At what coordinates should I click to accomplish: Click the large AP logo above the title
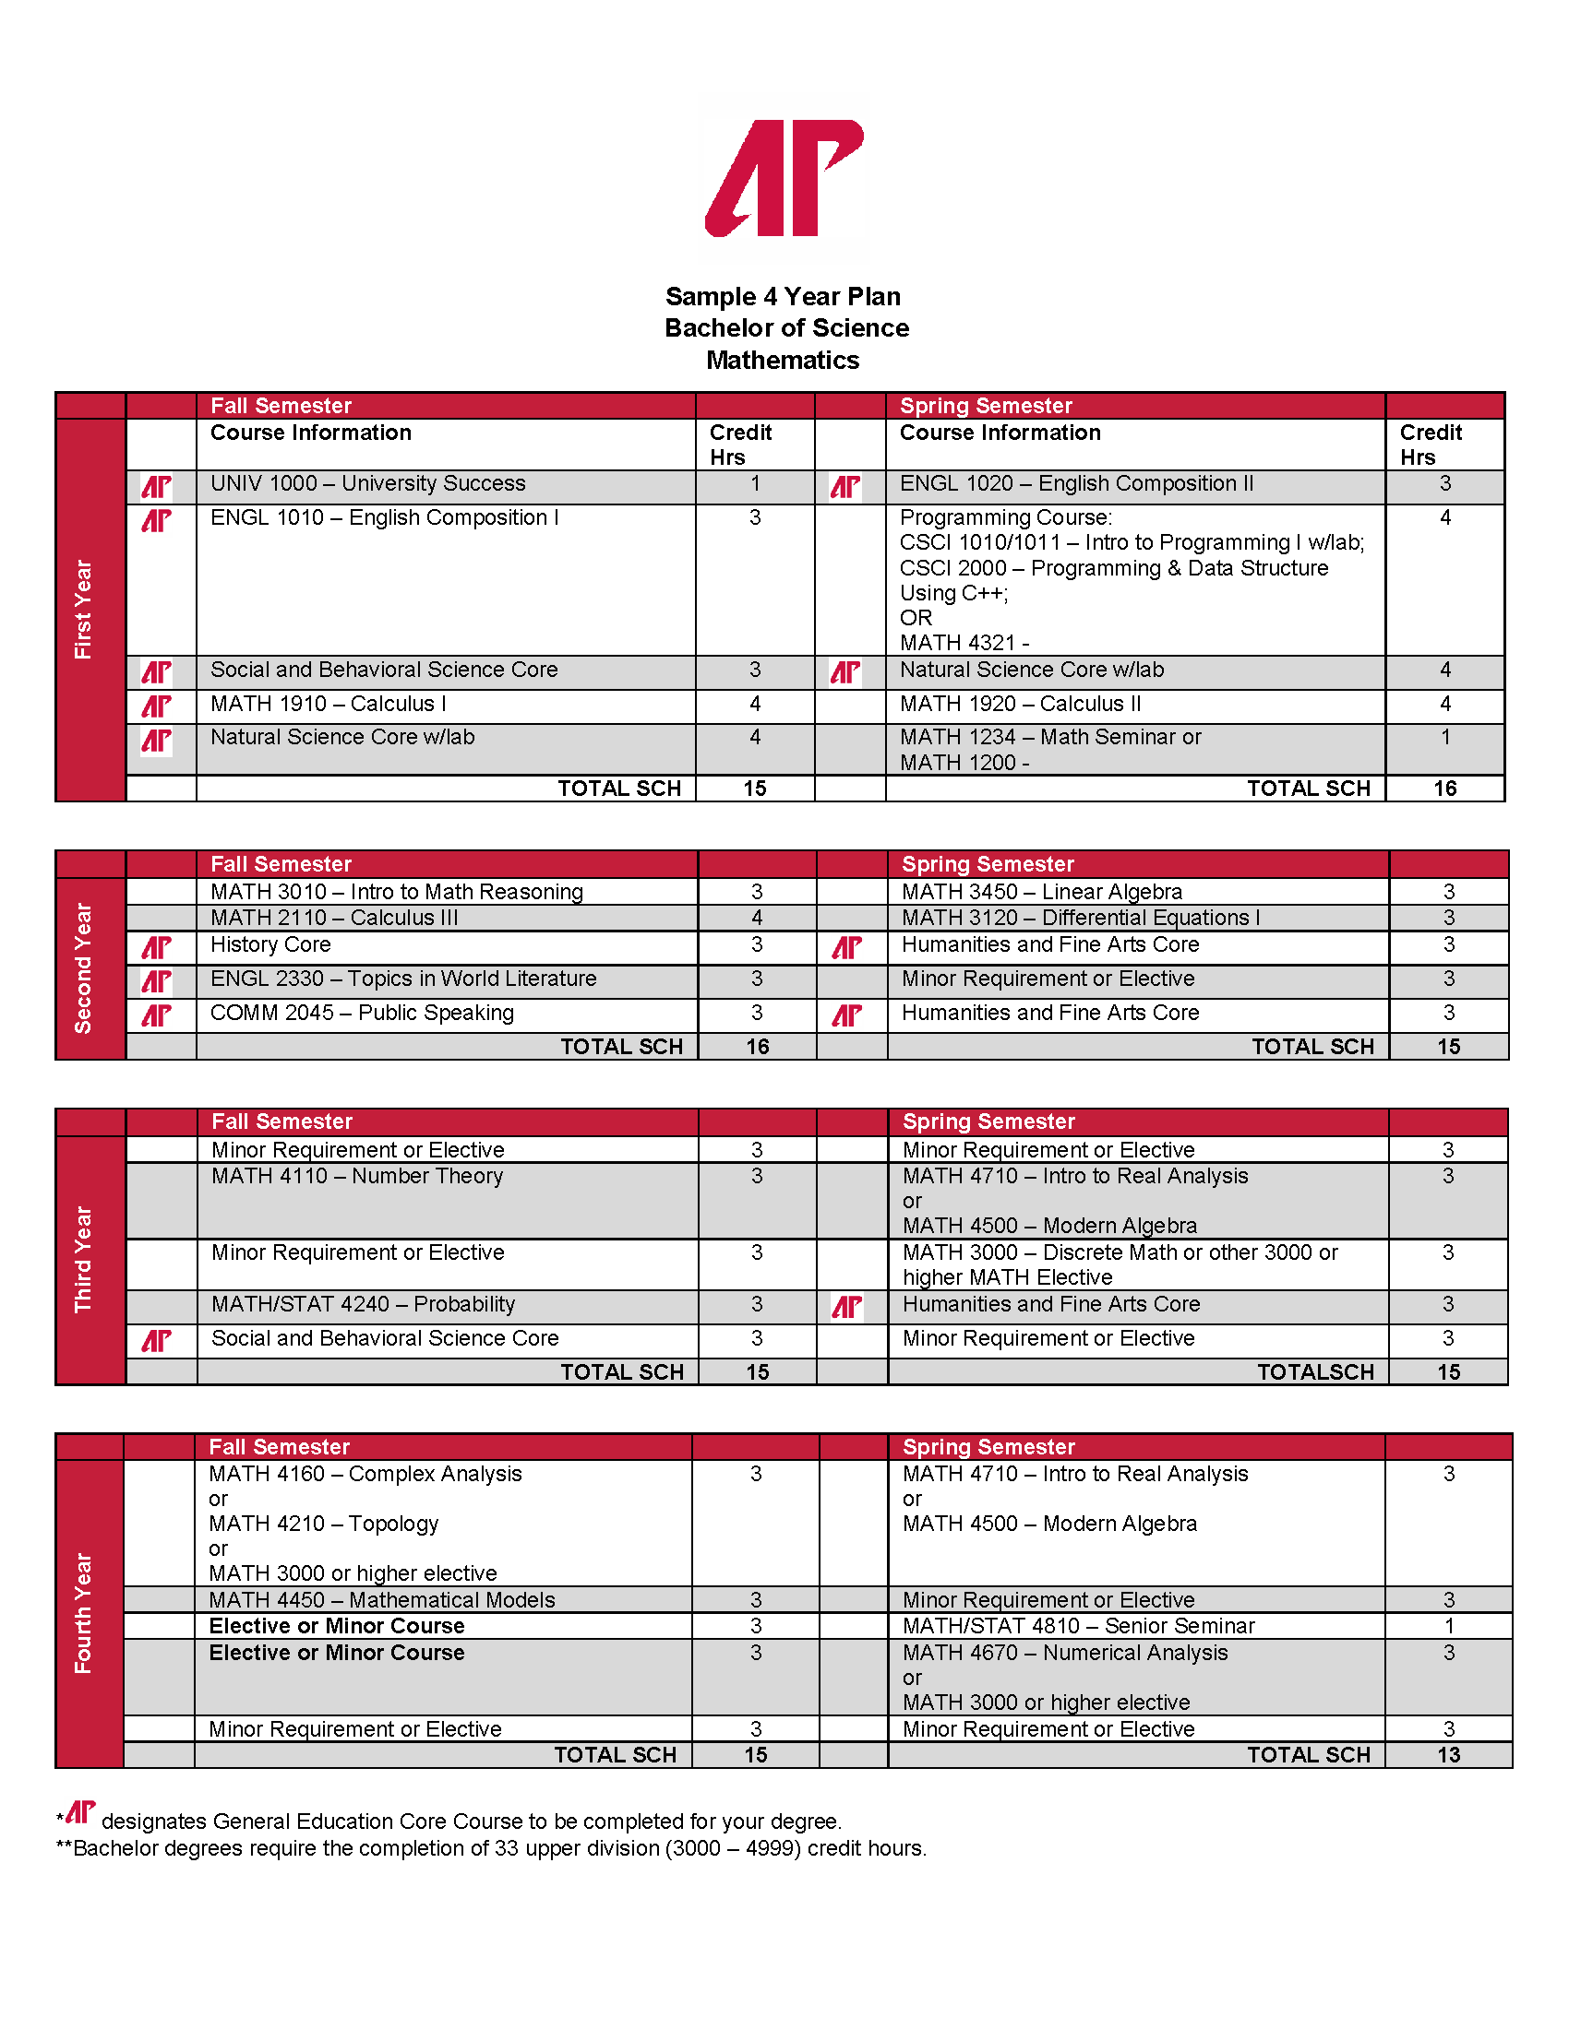pos(784,177)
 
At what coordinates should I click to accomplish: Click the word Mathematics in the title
pos(783,361)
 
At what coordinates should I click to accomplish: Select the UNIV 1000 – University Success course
pos(367,484)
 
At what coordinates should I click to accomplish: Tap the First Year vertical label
pos(84,610)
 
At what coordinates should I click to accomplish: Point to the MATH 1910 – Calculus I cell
pos(329,705)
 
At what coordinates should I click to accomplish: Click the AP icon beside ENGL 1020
pos(844,487)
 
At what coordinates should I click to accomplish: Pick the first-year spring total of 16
pos(1444,789)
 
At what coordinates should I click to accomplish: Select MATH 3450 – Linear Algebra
pos(1041,892)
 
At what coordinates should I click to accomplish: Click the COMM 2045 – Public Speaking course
pos(362,1013)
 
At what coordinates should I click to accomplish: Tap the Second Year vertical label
pos(84,968)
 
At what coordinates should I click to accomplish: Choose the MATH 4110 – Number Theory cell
pos(357,1176)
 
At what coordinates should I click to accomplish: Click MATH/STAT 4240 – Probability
pos(363,1304)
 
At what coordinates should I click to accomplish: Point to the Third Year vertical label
pos(84,1259)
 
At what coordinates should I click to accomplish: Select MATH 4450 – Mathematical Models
pos(381,1600)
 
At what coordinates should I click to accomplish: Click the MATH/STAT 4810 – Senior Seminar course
pos(1078,1626)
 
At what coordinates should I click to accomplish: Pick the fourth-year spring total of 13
pos(1448,1755)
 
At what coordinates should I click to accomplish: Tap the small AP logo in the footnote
pos(80,1811)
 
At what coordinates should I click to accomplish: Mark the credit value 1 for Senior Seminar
pos(1448,1626)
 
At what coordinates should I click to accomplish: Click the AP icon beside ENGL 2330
pos(156,982)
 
